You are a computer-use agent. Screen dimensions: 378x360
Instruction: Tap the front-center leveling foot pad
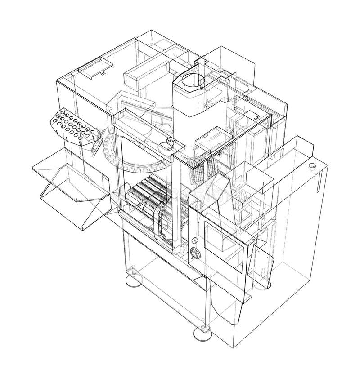coord(202,333)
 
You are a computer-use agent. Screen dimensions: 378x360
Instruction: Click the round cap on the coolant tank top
coord(311,166)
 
